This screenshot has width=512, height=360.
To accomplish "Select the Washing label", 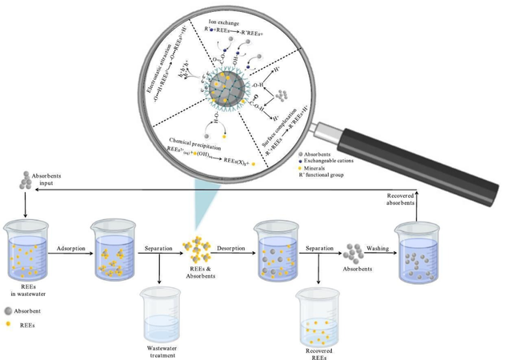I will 378,248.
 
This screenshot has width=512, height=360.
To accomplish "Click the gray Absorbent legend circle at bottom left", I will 8,310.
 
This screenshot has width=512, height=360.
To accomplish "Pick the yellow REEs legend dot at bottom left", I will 8,325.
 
